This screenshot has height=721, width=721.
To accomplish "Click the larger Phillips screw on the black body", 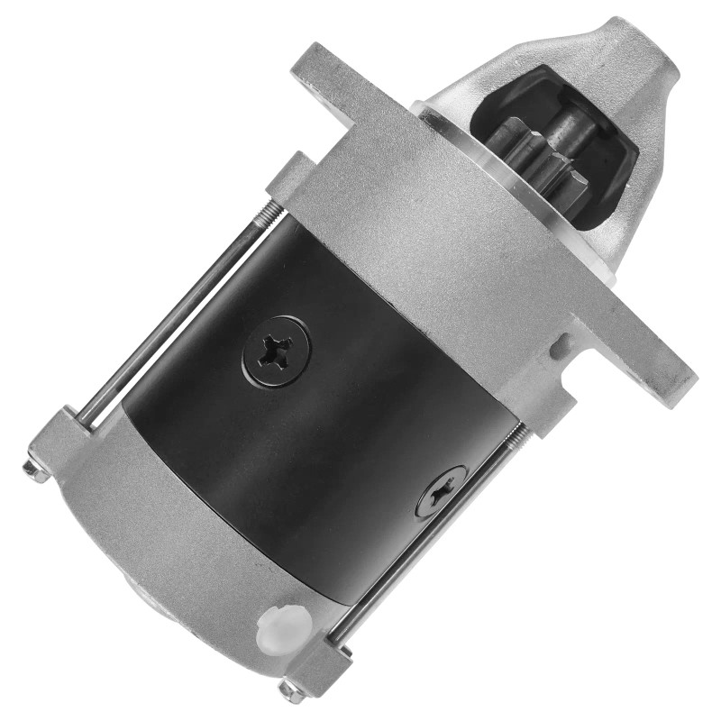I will [x=276, y=349].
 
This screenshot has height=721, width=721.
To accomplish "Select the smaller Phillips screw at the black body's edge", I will [x=442, y=491].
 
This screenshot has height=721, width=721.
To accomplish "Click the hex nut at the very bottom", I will [x=290, y=691].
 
